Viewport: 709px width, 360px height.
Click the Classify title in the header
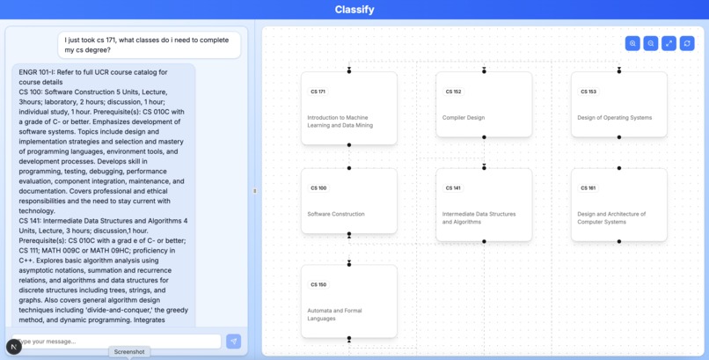354,10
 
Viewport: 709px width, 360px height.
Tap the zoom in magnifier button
632,43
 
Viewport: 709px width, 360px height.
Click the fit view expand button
669,43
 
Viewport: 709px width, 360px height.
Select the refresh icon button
687,43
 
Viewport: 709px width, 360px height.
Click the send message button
233,341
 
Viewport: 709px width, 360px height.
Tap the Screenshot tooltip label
129,352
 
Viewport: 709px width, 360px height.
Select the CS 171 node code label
318,92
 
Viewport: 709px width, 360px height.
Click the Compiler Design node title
463,117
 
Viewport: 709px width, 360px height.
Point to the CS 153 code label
588,92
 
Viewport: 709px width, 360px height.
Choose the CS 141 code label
453,187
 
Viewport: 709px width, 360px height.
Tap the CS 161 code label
588,187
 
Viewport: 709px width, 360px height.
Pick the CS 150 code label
318,284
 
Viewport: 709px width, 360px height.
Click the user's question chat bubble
150,45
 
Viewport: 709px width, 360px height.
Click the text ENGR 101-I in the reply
38,71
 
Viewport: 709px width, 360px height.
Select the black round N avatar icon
14,346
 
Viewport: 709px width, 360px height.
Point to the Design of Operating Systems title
614,117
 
